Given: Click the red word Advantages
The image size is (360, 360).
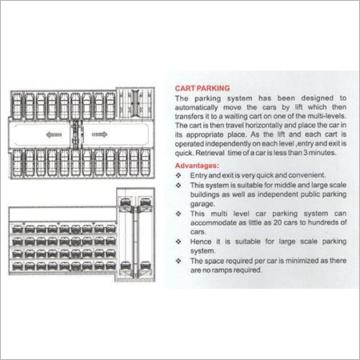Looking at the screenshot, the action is coord(198,166).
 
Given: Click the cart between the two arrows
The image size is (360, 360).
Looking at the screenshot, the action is coord(75,125).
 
